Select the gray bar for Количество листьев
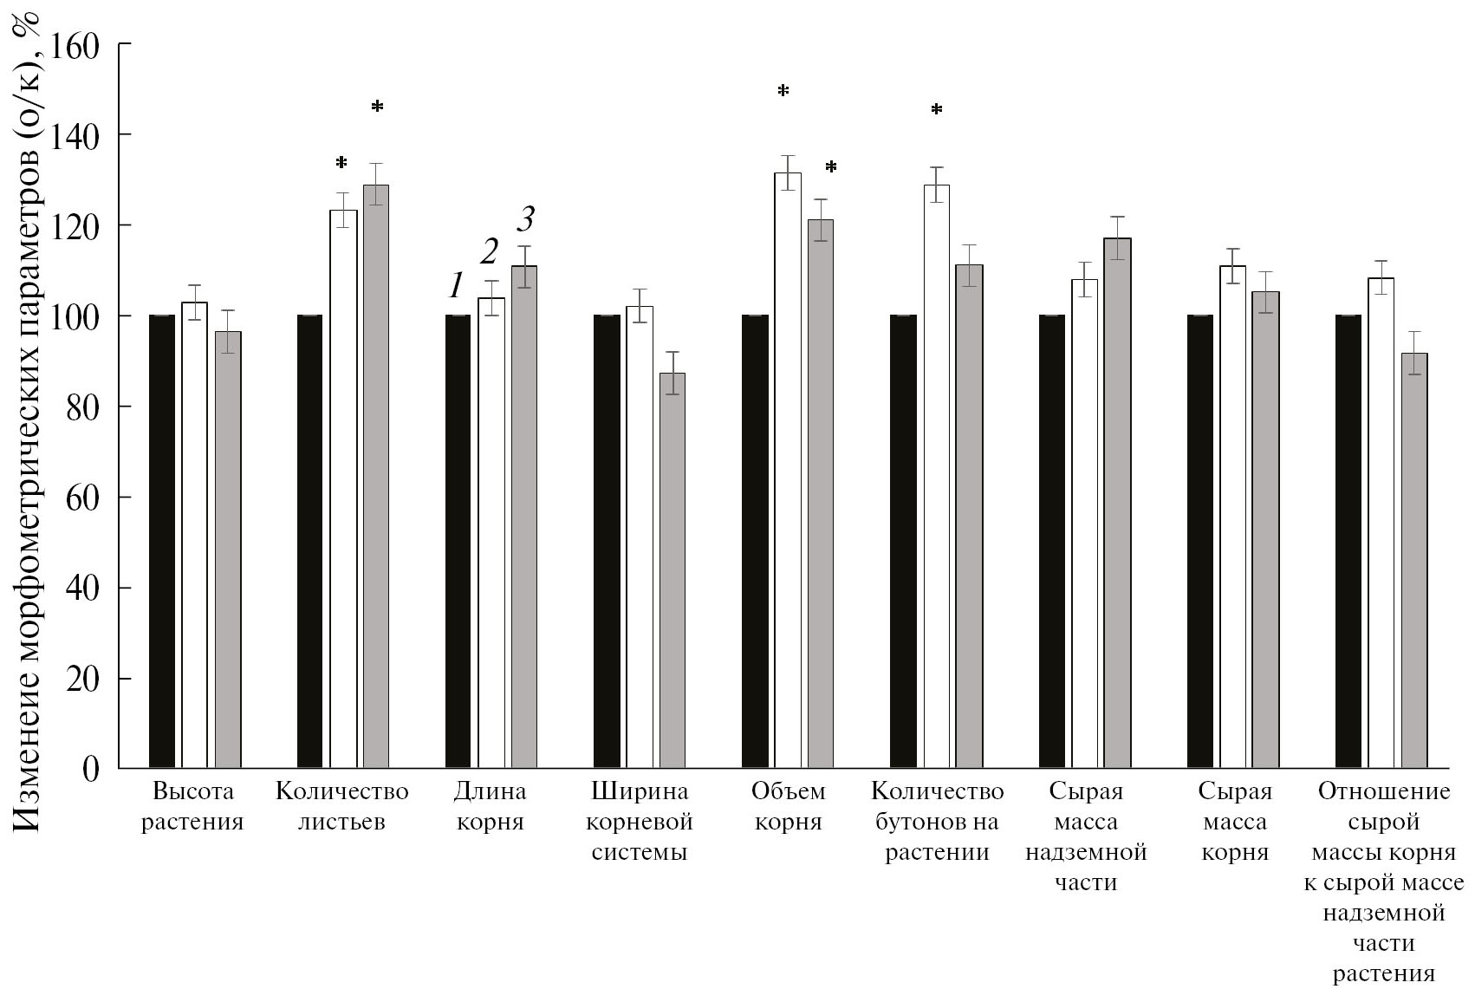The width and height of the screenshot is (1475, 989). [376, 477]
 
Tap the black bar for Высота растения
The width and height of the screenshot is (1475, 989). [162, 542]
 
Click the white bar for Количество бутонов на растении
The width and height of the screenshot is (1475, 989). [937, 477]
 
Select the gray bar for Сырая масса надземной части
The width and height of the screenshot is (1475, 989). [1118, 503]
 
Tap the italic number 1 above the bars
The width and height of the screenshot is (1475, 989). [456, 285]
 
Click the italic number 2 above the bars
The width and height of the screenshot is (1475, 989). [490, 252]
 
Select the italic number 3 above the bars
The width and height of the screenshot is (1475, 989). [525, 220]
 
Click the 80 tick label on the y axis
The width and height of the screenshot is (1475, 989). [83, 407]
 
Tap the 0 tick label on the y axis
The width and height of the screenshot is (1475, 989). [91, 768]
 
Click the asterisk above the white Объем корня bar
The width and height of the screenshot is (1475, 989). [783, 90]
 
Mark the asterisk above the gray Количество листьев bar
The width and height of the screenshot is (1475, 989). [377, 107]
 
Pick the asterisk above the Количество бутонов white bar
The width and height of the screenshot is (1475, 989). [937, 109]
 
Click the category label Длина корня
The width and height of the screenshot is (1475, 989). [490, 806]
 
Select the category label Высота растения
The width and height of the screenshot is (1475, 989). [192, 806]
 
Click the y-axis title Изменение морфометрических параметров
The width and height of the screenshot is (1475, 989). [29, 425]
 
